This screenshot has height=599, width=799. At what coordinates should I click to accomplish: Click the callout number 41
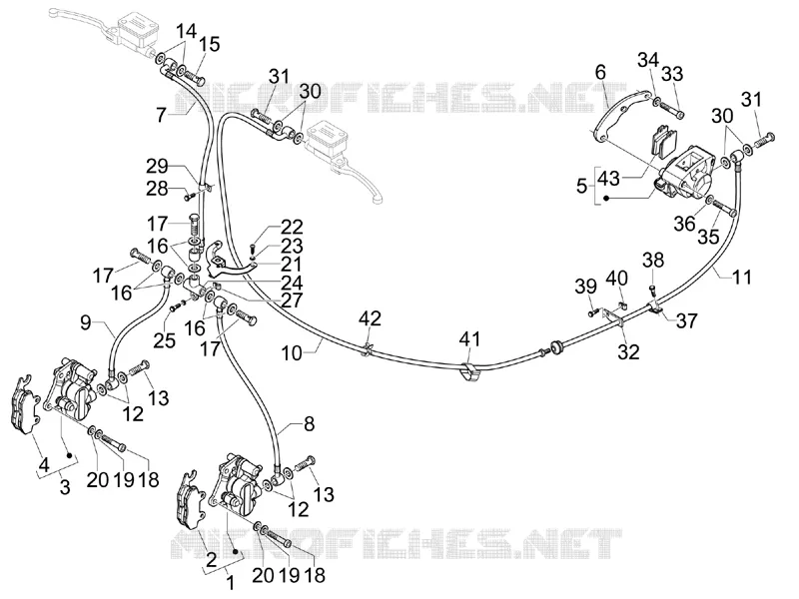(469, 339)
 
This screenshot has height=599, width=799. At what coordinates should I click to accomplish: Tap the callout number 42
(370, 318)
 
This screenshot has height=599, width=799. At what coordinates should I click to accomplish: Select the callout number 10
(292, 353)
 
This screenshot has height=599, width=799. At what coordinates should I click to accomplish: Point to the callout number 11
(742, 278)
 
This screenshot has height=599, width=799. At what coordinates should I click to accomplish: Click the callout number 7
(162, 115)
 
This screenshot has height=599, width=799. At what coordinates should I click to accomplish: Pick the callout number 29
(157, 167)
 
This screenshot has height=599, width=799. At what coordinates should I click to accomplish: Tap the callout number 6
(601, 72)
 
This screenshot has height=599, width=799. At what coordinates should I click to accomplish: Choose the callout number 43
(608, 179)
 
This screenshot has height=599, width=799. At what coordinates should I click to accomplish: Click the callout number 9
(86, 321)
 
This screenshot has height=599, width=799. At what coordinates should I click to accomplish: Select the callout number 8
(310, 423)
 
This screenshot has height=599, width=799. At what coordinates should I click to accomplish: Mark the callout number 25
(165, 340)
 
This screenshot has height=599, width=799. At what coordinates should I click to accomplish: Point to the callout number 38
(653, 260)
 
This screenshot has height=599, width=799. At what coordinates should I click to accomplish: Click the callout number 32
(628, 351)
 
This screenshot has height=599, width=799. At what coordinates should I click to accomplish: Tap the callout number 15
(209, 44)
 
